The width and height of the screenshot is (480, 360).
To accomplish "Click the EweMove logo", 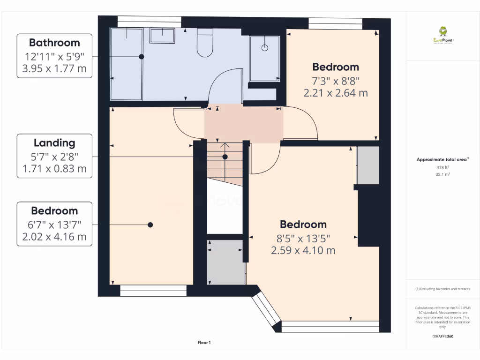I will point(442,35).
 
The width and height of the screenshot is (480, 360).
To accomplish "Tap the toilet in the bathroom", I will point(205,43).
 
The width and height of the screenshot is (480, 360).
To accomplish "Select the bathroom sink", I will point(162,35).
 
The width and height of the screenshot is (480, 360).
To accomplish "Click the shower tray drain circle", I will point(264,48).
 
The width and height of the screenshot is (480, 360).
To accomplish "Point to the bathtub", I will point(126,63).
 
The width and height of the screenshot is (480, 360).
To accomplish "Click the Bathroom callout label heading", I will point(54,43).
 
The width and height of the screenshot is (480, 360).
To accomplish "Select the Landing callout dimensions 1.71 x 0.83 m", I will point(54,169).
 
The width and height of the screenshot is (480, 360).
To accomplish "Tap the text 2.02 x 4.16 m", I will point(54,237).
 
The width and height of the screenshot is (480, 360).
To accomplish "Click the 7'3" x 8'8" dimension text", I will point(336,80).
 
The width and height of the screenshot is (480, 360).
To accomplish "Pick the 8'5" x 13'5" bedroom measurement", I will point(303,238).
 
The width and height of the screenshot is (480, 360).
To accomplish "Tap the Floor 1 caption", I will point(204,343).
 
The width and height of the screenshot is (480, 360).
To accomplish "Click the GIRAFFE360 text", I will point(442,336).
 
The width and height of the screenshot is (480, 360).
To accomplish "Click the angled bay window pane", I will point(266,311).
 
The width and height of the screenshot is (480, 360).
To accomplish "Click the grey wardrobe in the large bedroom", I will point(367,165).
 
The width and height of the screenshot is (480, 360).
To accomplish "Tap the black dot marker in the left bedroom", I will point(150,225).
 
